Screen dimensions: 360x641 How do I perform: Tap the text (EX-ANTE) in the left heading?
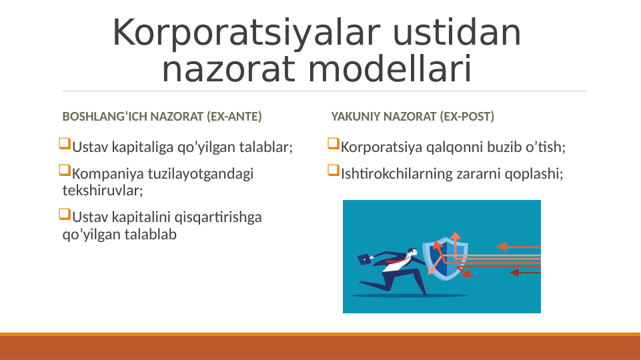(x=234, y=117)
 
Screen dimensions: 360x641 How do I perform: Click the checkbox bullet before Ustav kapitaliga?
(x=65, y=144)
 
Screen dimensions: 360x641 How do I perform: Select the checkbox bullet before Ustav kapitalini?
(x=65, y=215)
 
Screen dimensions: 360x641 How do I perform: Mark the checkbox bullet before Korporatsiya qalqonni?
(x=334, y=144)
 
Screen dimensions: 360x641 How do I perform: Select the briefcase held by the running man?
(x=364, y=259)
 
